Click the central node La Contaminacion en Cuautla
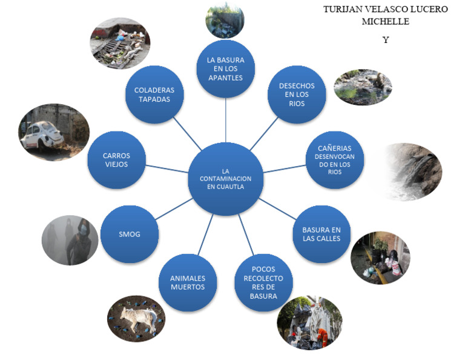225,179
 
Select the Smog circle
130,234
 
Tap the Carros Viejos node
116,160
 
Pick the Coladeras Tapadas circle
154,95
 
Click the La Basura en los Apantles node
225,68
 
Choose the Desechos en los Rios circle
297,95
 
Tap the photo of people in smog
70,241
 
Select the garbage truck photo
309,323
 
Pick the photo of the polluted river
363,87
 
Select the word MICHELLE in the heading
385,22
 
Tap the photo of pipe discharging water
413,171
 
